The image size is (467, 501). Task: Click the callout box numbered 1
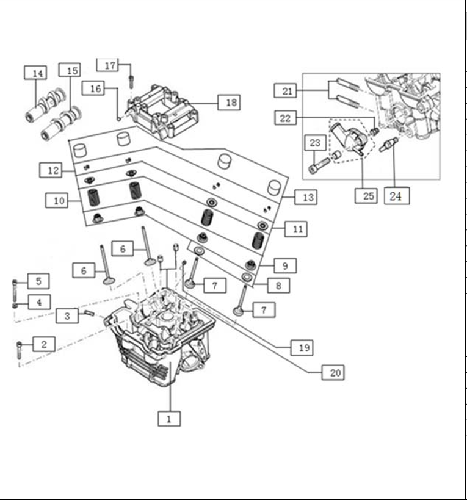(169, 419)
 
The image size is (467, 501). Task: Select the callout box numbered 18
(231, 103)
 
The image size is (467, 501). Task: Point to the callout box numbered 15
(72, 71)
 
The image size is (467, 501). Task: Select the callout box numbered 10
(58, 200)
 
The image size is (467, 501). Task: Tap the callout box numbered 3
(67, 315)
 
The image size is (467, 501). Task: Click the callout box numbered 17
(110, 65)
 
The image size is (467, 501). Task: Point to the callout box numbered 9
(284, 266)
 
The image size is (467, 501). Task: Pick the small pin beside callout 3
(90, 314)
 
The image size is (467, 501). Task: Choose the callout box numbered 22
(285, 118)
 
